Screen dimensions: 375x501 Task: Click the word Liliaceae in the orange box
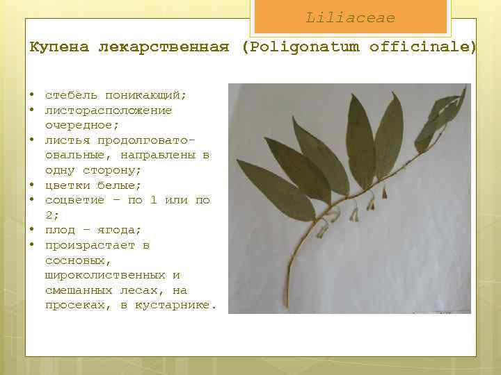350,17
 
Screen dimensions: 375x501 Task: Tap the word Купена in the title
59,47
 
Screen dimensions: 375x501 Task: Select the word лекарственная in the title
164,47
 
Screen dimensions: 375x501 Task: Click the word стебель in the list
72,95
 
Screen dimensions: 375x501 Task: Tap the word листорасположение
109,110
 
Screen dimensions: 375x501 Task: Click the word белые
123,185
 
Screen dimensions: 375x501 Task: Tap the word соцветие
75,200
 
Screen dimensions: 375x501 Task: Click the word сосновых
75,260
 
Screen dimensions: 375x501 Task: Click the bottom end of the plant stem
285,306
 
